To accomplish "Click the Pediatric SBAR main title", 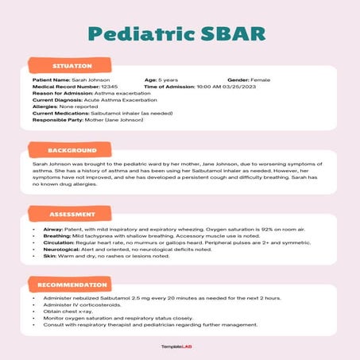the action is click(180, 33).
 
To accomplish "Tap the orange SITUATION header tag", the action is click(72, 65).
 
